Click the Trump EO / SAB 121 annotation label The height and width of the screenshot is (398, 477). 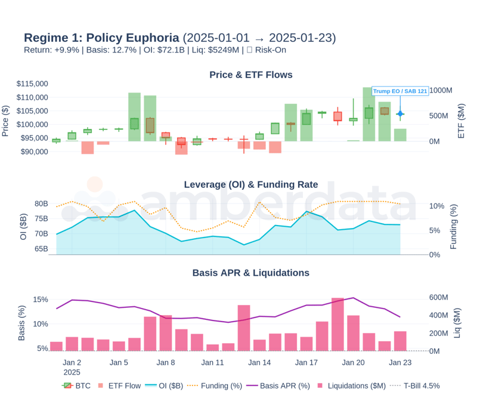tap(400, 91)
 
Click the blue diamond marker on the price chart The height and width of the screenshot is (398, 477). tap(400, 113)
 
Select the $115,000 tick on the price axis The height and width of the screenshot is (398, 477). tap(32, 84)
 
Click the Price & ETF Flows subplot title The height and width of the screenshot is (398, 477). tap(251, 75)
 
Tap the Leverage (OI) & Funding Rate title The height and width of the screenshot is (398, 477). tap(251, 184)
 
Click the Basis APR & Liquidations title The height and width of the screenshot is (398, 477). tap(251, 273)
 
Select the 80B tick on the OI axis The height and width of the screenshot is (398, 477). tap(41, 203)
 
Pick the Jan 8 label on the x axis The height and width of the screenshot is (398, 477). tap(165, 362)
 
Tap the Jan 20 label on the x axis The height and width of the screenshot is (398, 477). tap(353, 362)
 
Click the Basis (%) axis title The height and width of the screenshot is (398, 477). tap(22, 323)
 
